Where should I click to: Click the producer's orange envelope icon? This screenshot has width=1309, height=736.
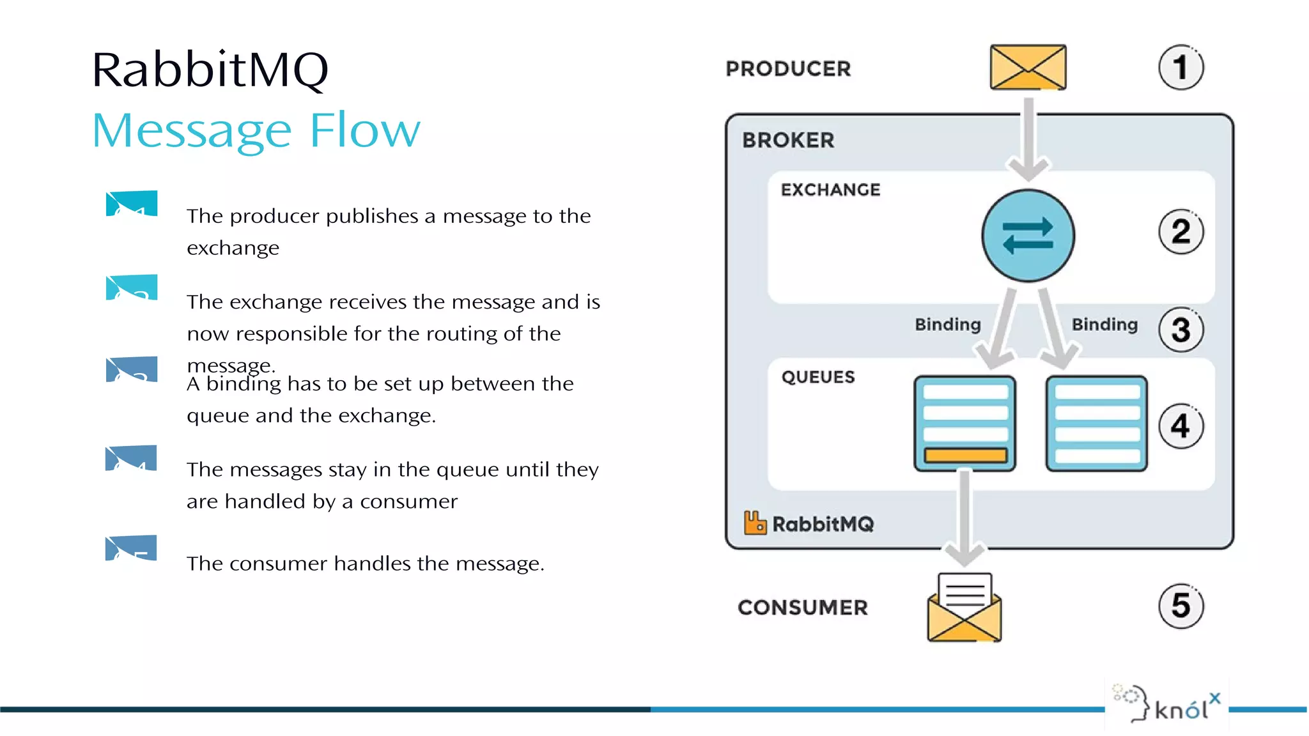[1028, 67]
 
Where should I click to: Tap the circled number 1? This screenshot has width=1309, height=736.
[1181, 67]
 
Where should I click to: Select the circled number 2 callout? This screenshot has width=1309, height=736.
[1181, 231]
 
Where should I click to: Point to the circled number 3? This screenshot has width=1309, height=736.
[1181, 330]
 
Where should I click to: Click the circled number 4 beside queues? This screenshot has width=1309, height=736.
[1181, 426]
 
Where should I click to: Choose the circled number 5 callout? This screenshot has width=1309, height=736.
[1181, 606]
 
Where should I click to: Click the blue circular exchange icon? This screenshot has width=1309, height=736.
[1028, 236]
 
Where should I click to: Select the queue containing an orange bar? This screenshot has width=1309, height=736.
[964, 424]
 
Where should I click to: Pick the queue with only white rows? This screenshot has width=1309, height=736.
[1096, 424]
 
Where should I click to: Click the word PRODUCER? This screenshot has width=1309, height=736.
[788, 69]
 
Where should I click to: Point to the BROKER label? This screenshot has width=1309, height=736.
[788, 140]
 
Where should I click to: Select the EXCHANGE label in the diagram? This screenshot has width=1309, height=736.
[830, 190]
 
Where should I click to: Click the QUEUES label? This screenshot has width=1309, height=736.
[817, 377]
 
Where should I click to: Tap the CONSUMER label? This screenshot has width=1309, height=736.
[803, 608]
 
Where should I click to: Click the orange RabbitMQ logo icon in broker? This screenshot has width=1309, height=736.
[755, 523]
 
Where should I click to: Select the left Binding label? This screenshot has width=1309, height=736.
[947, 325]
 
